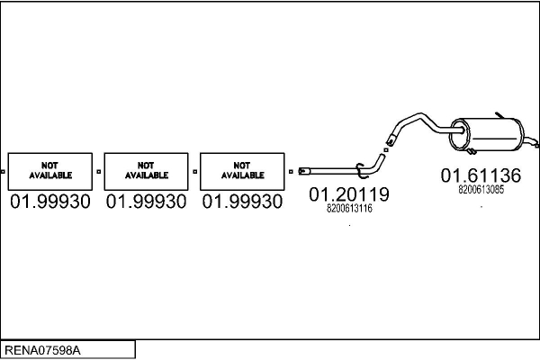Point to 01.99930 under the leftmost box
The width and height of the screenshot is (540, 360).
50,202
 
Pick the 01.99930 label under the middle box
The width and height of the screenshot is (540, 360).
146,202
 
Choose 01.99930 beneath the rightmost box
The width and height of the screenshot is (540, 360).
241,202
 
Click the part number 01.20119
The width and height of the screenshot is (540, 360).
349,194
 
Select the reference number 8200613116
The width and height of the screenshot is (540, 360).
349,209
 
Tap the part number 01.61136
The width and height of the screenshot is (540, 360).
481,175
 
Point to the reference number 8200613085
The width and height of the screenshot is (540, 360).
481,190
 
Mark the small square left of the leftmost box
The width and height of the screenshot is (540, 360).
4,170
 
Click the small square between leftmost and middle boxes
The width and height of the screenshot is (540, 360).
99,170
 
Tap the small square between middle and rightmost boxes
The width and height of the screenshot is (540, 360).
194,170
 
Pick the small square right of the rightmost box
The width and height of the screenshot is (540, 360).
290,170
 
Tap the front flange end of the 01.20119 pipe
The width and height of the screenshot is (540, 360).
304,169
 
